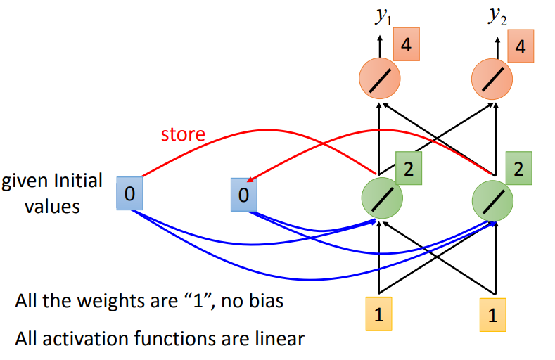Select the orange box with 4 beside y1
click(405, 47)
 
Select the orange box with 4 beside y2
click(521, 47)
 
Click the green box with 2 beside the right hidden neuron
click(519, 169)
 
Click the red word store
click(183, 134)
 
